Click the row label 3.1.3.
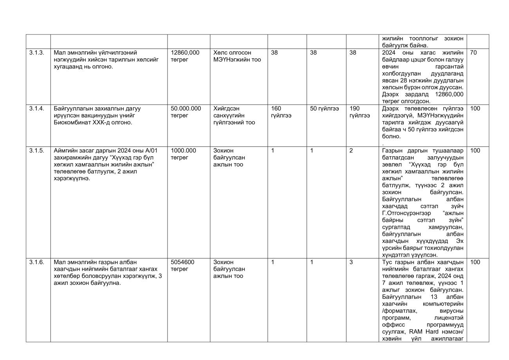(x=36, y=52)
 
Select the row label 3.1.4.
(x=36, y=109)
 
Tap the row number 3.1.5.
(x=36, y=150)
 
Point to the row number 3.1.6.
(x=36, y=262)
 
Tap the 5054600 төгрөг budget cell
(x=182, y=266)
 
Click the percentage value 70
(x=473, y=52)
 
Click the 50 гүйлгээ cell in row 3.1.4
(x=324, y=109)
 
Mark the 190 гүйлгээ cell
(x=359, y=112)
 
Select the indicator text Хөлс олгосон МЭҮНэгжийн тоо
(x=237, y=56)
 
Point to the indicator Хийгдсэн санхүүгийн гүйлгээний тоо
(x=234, y=116)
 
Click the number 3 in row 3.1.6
(x=351, y=262)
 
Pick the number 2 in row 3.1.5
(x=351, y=150)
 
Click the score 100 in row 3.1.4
(x=475, y=109)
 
